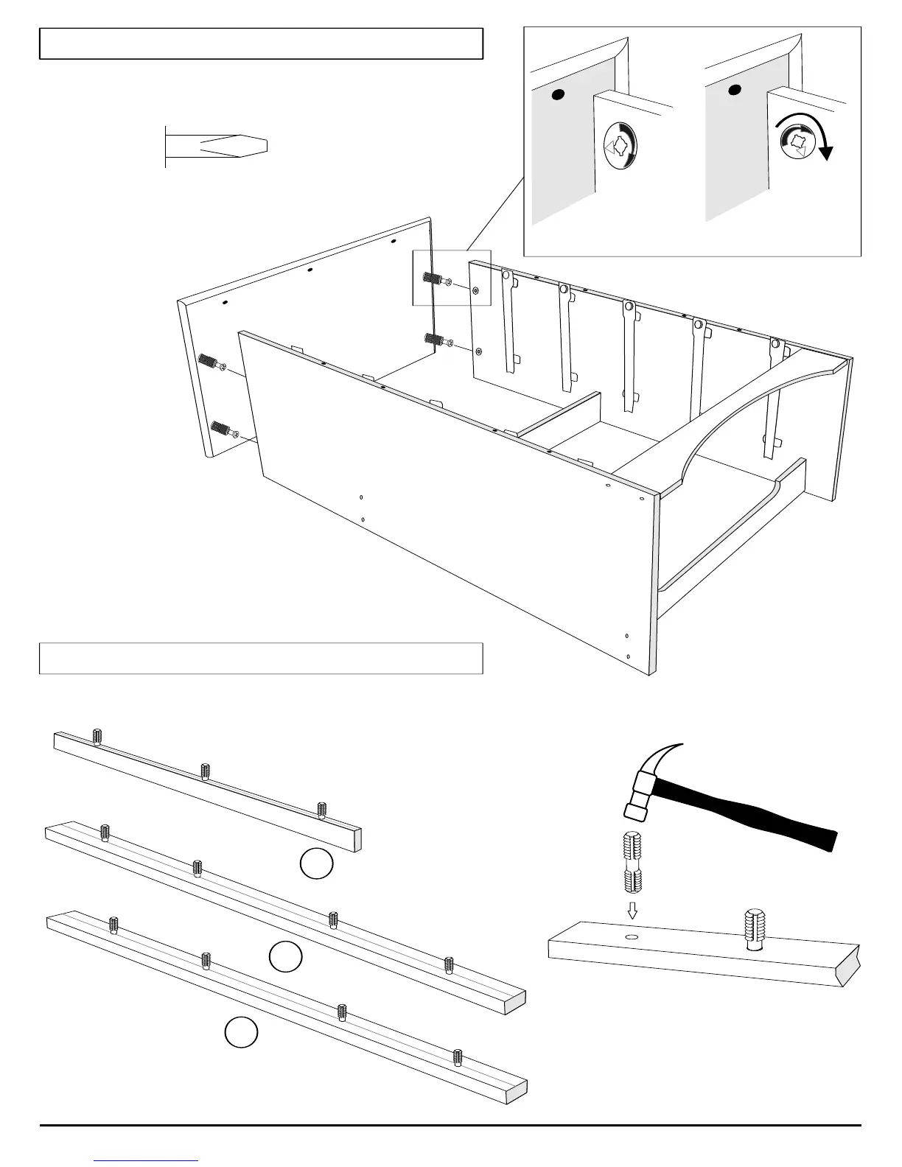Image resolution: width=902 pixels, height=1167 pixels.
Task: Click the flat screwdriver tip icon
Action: coord(221,145)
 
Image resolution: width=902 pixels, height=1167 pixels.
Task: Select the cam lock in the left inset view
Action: coord(618,146)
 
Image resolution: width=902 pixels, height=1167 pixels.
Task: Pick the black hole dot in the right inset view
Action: coord(734,91)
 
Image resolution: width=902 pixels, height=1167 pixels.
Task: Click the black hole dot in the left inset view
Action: coord(558,94)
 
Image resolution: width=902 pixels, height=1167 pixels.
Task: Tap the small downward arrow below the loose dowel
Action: coord(632,911)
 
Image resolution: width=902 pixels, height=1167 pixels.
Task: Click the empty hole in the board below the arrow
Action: coord(632,936)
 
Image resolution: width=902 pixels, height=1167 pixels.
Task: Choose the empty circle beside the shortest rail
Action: coord(317,863)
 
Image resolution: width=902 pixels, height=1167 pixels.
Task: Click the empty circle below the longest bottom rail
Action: coord(241,1033)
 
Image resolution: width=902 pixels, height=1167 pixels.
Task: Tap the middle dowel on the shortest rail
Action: coord(206,771)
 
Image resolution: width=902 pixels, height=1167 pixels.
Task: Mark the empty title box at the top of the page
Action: coord(261,43)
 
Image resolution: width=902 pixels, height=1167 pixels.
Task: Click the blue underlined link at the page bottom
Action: coord(147,1160)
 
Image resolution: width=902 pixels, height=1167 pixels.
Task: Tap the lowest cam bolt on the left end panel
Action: coord(220,428)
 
